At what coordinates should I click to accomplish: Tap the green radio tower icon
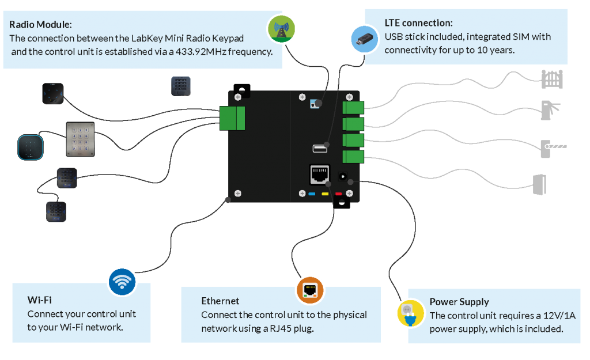(282, 28)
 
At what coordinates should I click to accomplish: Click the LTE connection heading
(418, 23)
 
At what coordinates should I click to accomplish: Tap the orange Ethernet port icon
(310, 290)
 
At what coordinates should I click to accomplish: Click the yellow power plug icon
(410, 313)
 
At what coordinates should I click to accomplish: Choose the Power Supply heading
(459, 301)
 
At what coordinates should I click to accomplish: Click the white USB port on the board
(320, 149)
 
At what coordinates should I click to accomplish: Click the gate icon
(552, 79)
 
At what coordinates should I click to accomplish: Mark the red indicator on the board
(338, 194)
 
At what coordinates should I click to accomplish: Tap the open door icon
(540, 184)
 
